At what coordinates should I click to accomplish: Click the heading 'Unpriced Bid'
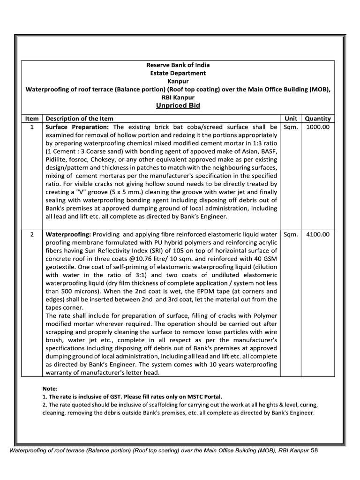point(178,106)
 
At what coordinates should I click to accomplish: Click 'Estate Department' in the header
point(178,73)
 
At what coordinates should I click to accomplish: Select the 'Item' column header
point(31,119)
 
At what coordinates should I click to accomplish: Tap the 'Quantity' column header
point(318,119)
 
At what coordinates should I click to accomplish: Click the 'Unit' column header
point(291,119)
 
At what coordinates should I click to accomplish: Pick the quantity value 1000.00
point(318,127)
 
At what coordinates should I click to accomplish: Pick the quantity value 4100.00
point(318,234)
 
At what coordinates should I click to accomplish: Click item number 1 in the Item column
point(31,127)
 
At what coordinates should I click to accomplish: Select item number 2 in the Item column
point(31,234)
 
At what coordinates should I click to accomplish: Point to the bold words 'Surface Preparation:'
point(77,127)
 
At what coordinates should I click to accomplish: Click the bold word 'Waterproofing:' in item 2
point(68,234)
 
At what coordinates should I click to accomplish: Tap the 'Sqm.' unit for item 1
point(291,127)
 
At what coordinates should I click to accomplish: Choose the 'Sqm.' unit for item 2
point(291,234)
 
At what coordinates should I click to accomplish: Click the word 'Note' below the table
point(49,389)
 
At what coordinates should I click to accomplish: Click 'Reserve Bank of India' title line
point(178,65)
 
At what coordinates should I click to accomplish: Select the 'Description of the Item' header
point(79,119)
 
